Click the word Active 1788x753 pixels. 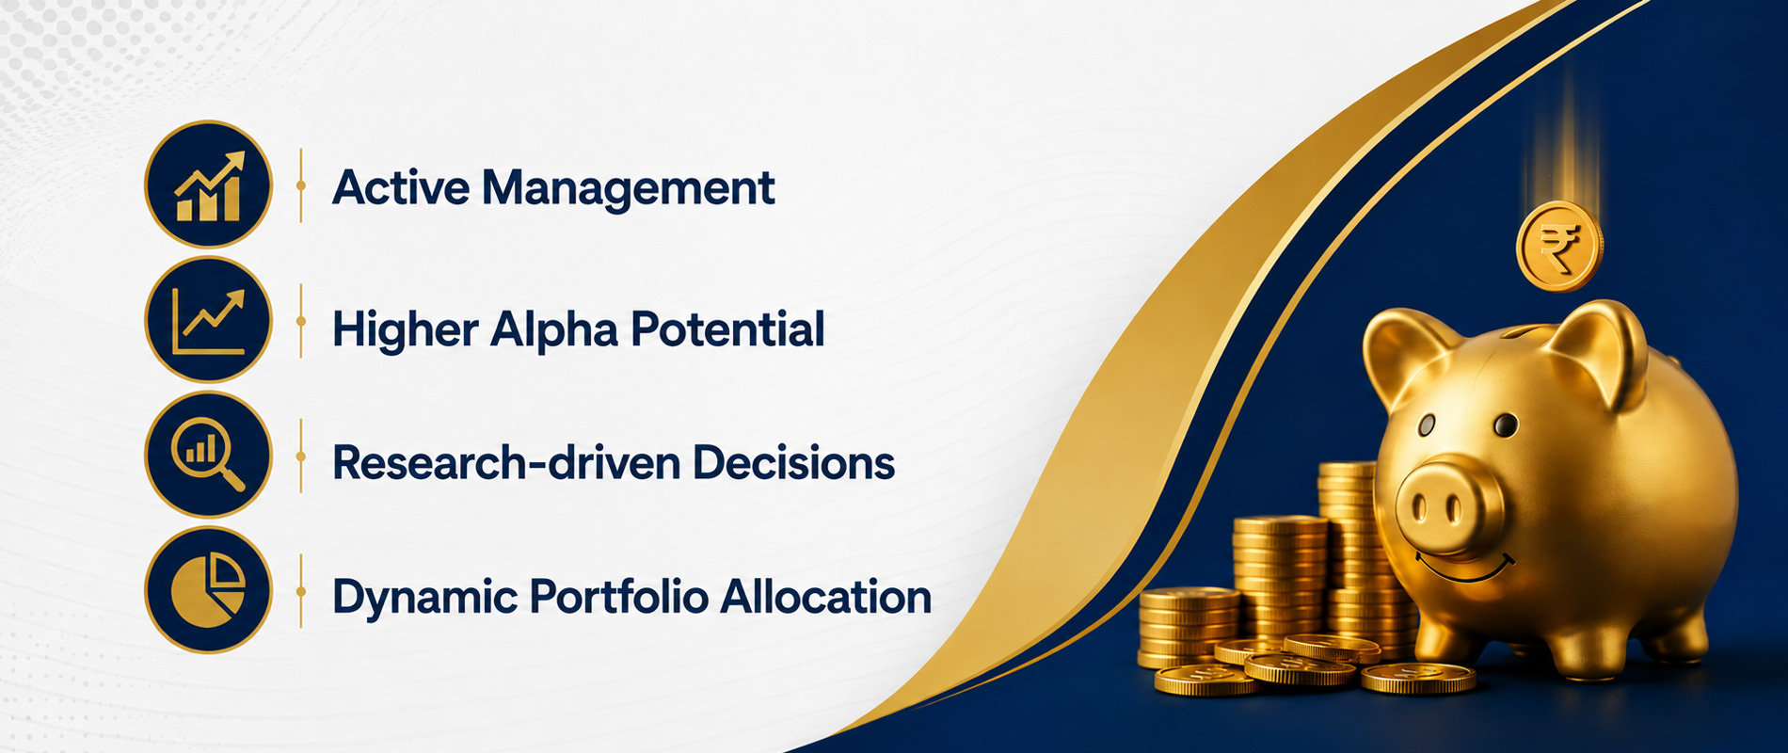point(400,186)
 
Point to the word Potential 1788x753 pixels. point(727,328)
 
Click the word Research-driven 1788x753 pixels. point(506,463)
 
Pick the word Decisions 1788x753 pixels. point(793,463)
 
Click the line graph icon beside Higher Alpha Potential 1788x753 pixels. point(208,320)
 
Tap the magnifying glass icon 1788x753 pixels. point(208,456)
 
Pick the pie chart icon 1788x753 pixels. point(208,591)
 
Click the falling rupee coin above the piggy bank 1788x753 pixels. point(1559,247)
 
